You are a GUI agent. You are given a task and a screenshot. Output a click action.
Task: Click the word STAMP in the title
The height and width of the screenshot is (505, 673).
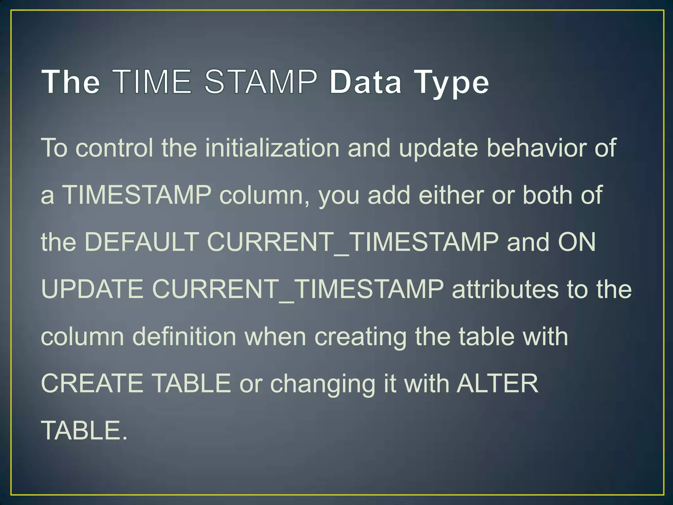click(261, 81)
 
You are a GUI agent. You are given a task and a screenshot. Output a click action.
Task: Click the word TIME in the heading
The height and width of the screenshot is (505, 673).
click(153, 81)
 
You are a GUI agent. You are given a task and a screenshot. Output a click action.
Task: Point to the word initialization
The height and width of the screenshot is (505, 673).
click(272, 148)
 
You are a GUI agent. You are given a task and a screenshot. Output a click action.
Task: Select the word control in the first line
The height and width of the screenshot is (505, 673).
click(114, 148)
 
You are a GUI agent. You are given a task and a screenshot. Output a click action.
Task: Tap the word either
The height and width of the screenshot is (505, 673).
click(451, 195)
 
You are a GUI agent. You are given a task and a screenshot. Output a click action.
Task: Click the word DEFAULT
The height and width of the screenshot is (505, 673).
click(142, 242)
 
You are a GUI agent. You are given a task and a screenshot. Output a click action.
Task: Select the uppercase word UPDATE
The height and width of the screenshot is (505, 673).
click(92, 289)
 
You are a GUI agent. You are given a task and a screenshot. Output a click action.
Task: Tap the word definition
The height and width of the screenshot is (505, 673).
click(184, 337)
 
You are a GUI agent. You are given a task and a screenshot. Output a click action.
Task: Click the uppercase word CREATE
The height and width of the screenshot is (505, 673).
click(92, 383)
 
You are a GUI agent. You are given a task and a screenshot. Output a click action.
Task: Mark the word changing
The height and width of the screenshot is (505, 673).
click(322, 384)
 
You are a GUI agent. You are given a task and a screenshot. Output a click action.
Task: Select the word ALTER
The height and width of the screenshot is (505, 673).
click(498, 383)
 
